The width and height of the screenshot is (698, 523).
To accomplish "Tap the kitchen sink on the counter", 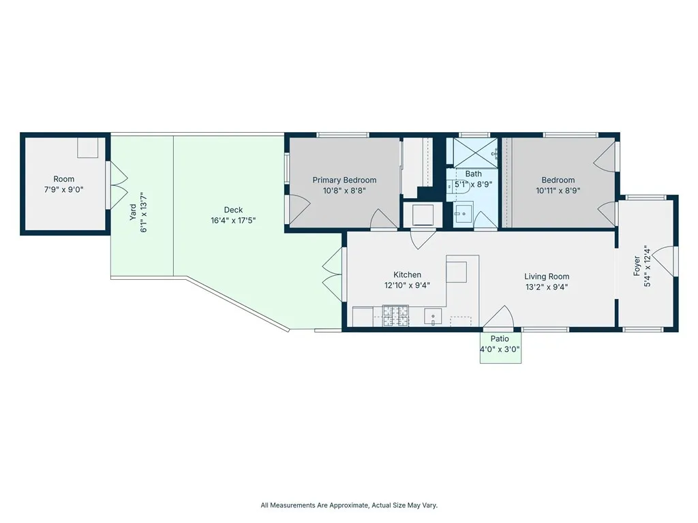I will click(433, 317).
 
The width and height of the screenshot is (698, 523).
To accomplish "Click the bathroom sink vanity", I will click(464, 214).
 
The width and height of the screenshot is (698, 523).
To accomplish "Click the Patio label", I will click(500, 338).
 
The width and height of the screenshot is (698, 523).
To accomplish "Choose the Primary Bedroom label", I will click(344, 180).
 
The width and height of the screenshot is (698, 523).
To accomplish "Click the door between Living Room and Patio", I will click(500, 317).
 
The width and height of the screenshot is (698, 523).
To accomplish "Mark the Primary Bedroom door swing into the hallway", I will click(383, 219).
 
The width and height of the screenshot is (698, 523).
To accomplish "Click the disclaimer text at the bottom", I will click(349, 505).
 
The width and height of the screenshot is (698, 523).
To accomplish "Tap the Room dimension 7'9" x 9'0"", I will click(64, 191).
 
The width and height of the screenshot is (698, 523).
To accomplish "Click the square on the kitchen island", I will click(457, 272).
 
